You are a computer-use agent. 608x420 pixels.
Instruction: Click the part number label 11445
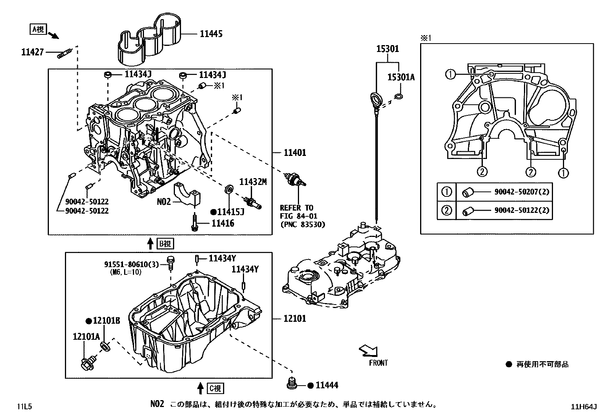(211, 34)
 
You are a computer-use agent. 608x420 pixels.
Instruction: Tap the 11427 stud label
(32, 52)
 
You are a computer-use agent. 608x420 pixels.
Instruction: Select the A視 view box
(38, 29)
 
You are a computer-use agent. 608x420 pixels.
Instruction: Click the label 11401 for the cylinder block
(295, 153)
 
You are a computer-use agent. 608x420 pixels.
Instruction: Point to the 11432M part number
(253, 182)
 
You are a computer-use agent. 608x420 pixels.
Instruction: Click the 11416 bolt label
(223, 223)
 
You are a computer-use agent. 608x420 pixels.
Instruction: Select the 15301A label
(401, 77)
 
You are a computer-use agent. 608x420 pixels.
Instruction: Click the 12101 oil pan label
(295, 318)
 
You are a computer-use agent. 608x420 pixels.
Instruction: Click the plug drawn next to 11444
(293, 383)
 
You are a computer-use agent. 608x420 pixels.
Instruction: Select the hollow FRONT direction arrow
(369, 350)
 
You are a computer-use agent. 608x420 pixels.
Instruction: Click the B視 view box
(166, 243)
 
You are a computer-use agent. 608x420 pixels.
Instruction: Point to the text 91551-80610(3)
(131, 264)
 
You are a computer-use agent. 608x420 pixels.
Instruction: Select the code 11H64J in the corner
(584, 407)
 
